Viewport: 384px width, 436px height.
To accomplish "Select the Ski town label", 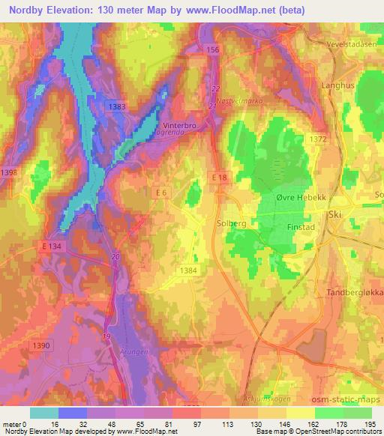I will point(334,214).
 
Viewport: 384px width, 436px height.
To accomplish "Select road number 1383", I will point(117,107).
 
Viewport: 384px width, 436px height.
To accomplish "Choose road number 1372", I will point(318,139).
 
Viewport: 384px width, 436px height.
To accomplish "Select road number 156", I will point(212,49).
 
